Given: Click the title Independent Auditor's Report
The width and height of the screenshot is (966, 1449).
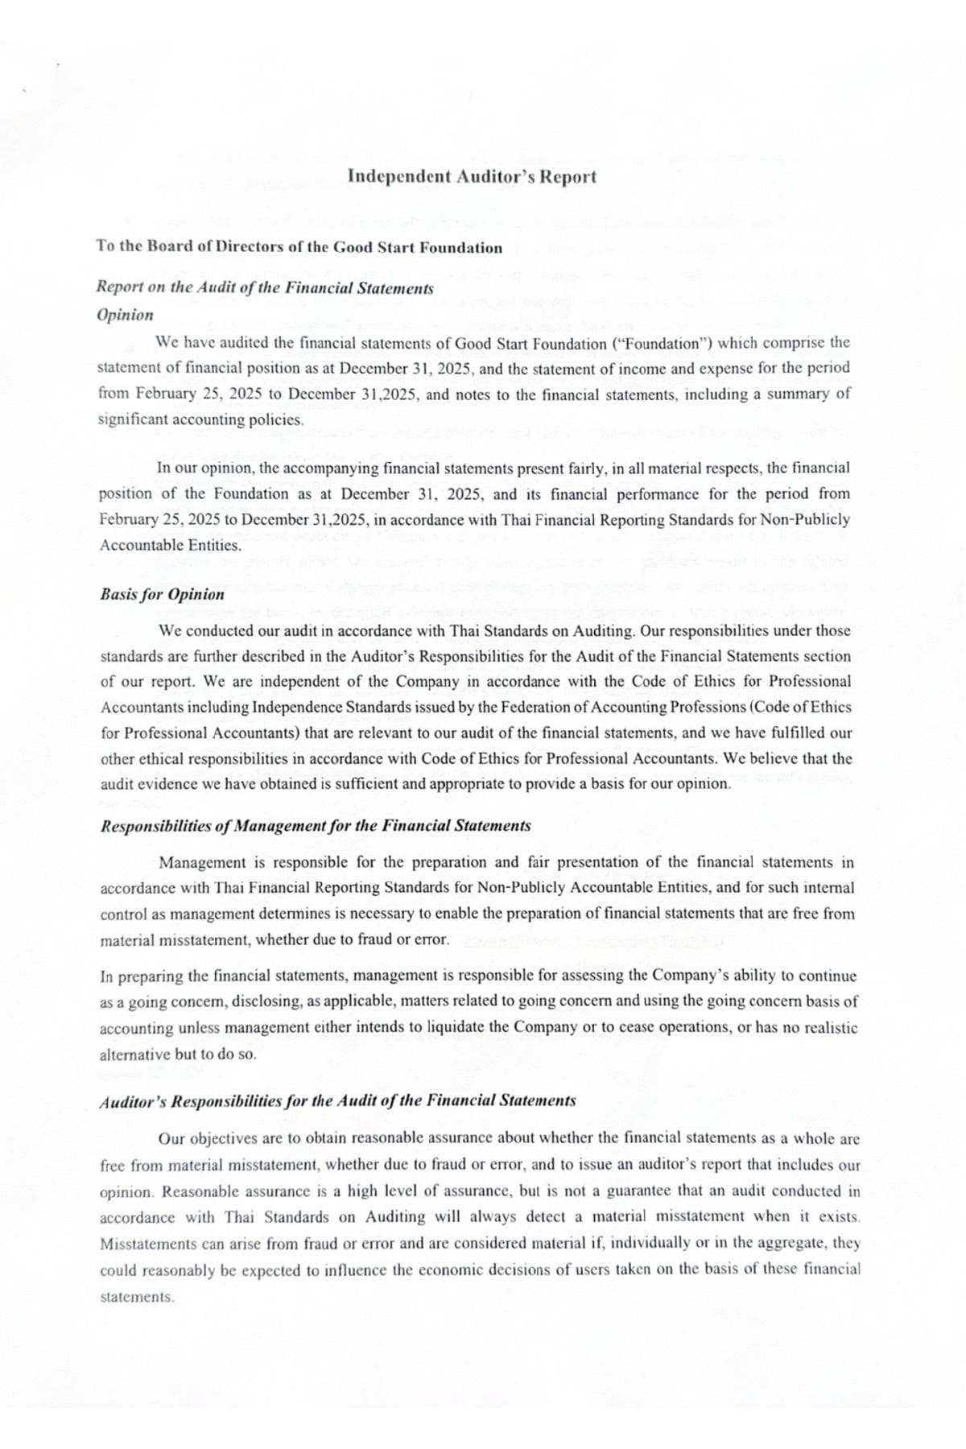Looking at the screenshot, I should click(473, 176).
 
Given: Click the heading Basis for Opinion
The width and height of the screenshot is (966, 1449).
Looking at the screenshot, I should click(162, 595).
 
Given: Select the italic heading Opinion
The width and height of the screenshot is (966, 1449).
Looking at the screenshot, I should click(125, 315).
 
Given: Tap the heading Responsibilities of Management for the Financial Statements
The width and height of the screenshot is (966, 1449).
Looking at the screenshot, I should click(315, 826).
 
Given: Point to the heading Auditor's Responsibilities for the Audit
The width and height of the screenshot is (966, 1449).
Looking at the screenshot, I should click(337, 1101).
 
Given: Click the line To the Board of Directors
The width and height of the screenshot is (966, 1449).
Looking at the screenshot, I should click(299, 247).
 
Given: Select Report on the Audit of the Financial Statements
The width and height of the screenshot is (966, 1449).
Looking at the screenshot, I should click(265, 288).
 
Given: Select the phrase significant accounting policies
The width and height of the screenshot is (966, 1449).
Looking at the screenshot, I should click(200, 419).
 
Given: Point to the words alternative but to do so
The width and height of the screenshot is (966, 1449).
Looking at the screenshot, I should click(178, 1055).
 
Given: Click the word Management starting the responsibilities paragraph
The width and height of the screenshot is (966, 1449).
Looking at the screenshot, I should click(205, 863).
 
